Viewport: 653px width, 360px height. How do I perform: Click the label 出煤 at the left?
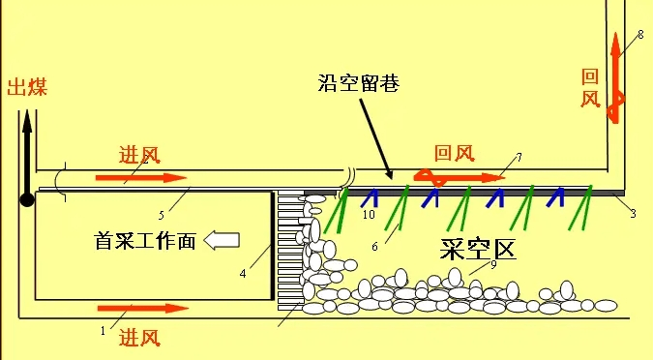click(27, 89)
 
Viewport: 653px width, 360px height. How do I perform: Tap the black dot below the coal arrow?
click(27, 199)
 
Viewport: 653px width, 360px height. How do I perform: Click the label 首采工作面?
click(145, 241)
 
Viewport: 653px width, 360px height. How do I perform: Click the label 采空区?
click(477, 250)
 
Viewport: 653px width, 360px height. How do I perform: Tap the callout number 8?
click(639, 35)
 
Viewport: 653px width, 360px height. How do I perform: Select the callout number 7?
click(519, 156)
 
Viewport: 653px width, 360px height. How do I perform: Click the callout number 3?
click(633, 213)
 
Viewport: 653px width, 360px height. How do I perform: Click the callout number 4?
click(242, 273)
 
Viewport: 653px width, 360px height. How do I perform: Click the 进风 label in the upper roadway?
click(139, 155)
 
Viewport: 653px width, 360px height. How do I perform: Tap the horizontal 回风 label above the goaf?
click(454, 153)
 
